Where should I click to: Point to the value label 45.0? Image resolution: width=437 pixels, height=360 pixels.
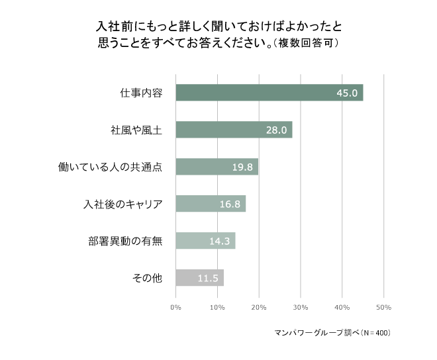(347, 93)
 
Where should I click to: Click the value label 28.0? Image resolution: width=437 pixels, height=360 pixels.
(276, 130)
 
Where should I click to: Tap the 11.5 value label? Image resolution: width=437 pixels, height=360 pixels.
(208, 279)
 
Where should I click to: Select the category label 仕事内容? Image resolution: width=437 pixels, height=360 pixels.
(141, 93)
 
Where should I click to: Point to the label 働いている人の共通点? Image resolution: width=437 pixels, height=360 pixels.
(111, 167)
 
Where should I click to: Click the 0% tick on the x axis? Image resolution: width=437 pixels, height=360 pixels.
(176, 307)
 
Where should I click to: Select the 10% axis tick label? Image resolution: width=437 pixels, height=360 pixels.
(217, 307)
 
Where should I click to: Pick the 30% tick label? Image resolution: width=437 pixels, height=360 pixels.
(301, 307)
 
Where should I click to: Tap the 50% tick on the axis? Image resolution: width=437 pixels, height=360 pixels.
(383, 307)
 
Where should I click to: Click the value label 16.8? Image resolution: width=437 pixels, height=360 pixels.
(230, 204)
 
